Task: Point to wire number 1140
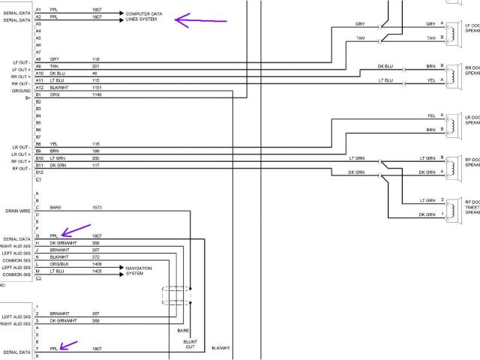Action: (x=97, y=94)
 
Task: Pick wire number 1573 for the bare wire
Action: (x=97, y=206)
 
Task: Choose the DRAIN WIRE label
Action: (x=16, y=211)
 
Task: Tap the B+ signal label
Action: (x=27, y=96)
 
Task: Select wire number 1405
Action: (x=97, y=271)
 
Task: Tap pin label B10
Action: (x=39, y=158)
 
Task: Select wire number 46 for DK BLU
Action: (x=95, y=73)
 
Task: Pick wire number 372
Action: (x=96, y=256)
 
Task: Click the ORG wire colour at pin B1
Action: (x=54, y=94)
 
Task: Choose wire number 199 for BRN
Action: (x=96, y=151)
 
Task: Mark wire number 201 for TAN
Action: (x=96, y=66)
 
